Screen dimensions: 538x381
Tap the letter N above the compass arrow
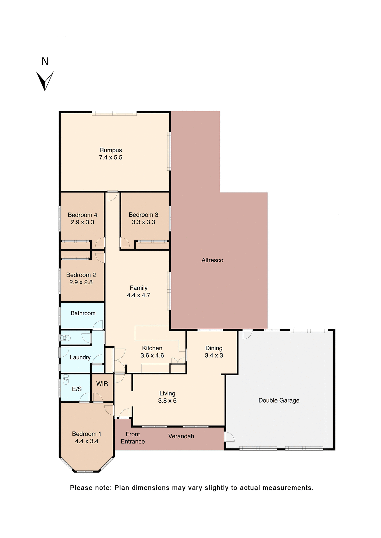pyautogui.click(x=45, y=61)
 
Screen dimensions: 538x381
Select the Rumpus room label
pyautogui.click(x=111, y=150)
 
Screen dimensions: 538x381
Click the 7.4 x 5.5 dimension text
pyautogui.click(x=111, y=157)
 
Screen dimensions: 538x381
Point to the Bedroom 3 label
pyautogui.click(x=143, y=215)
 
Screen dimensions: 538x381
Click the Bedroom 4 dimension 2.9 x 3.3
pyautogui.click(x=82, y=222)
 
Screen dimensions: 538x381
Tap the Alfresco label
pyautogui.click(x=212, y=260)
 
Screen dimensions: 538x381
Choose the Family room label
pyautogui.click(x=139, y=288)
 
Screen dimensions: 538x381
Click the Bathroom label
pyautogui.click(x=83, y=313)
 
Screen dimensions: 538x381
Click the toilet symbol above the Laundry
pyautogui.click(x=65, y=338)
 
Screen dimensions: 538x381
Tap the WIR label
pyautogui.click(x=102, y=384)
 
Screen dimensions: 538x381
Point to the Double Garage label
pyautogui.click(x=279, y=400)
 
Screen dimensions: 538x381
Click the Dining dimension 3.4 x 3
pyautogui.click(x=214, y=355)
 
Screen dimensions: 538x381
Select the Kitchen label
pyautogui.click(x=152, y=348)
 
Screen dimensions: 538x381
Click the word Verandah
pyautogui.click(x=181, y=436)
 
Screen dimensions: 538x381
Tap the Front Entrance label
pyautogui.click(x=133, y=438)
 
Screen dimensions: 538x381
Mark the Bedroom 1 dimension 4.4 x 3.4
pyautogui.click(x=87, y=441)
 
